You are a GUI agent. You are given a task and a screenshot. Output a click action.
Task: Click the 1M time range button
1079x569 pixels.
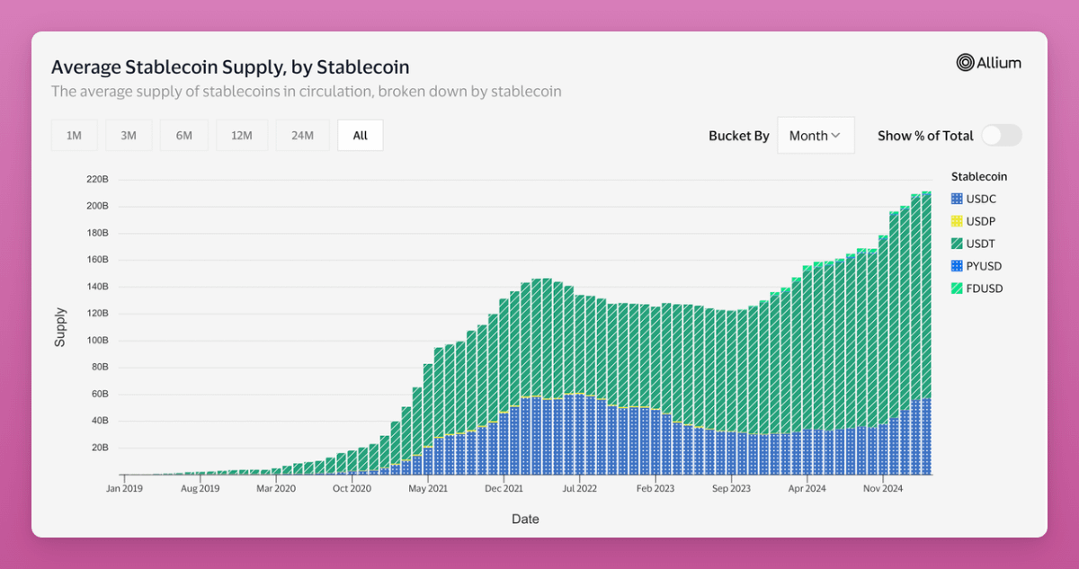click(x=74, y=136)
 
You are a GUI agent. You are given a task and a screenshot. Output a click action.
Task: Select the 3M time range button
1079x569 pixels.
click(x=129, y=136)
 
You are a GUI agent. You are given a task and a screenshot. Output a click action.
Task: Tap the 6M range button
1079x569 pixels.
click(x=184, y=136)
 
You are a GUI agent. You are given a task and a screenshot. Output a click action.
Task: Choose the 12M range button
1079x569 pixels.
click(x=241, y=136)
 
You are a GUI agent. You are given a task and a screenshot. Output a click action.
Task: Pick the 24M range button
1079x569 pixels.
click(x=302, y=136)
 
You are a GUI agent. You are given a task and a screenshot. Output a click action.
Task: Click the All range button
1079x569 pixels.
click(x=361, y=136)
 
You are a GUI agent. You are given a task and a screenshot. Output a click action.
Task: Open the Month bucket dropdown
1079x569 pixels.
click(x=816, y=136)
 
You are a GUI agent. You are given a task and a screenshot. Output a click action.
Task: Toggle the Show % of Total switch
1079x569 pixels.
click(x=1001, y=136)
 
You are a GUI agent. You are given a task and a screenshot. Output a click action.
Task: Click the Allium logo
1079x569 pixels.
click(x=988, y=63)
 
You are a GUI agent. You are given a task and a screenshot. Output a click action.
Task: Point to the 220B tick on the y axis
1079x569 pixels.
click(x=98, y=180)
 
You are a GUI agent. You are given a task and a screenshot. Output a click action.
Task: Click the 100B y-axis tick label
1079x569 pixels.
click(x=98, y=341)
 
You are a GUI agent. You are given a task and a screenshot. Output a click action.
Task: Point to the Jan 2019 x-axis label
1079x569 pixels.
click(x=124, y=489)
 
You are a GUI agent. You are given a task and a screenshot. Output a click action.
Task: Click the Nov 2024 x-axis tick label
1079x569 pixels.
click(x=883, y=489)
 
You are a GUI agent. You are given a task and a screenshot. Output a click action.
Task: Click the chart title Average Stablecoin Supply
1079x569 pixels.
click(x=230, y=67)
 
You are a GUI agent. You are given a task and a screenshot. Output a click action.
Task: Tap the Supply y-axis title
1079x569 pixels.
click(x=60, y=327)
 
